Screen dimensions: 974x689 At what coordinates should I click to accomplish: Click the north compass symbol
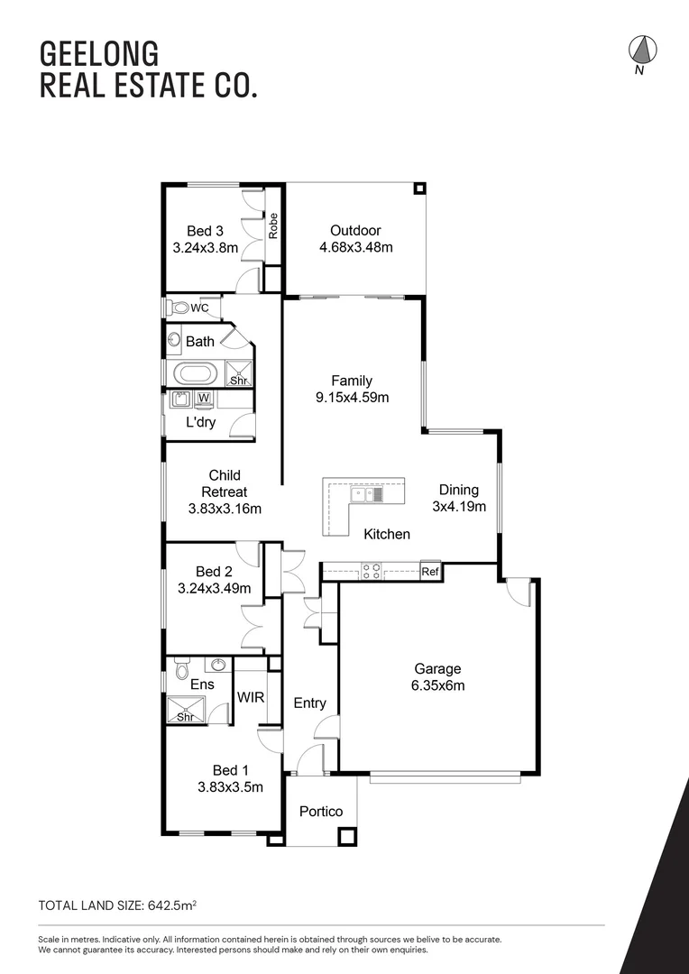tap(640, 51)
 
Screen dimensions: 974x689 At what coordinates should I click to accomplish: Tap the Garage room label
tap(437, 669)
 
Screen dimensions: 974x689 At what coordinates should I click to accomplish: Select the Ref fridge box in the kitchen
tap(430, 571)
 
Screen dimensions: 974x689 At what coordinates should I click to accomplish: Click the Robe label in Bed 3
tap(272, 225)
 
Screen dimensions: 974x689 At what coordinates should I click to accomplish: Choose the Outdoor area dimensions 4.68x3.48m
tap(355, 248)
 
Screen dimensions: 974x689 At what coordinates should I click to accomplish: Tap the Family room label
tap(351, 381)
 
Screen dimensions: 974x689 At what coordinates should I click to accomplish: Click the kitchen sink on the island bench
tap(369, 494)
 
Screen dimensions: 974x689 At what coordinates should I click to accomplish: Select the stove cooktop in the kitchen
tap(371, 570)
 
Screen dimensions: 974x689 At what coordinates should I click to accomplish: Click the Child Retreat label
tap(225, 483)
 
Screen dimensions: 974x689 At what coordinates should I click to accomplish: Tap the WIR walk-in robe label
tap(250, 697)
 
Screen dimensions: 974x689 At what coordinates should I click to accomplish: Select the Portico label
tap(321, 812)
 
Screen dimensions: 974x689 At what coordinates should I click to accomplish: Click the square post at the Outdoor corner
tap(419, 189)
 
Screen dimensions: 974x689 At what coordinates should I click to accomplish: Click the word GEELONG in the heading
tap(87, 53)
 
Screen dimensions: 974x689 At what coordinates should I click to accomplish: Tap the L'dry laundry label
tap(200, 422)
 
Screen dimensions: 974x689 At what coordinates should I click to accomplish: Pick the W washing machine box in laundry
tap(203, 398)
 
